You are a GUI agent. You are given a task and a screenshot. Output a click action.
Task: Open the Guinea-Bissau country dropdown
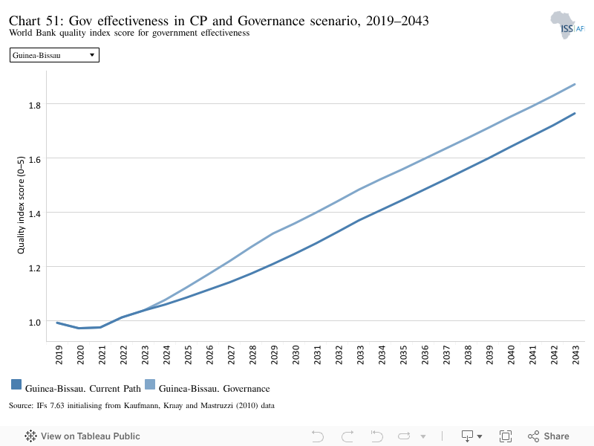click(54, 55)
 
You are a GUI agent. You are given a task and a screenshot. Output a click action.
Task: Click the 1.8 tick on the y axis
click(35, 106)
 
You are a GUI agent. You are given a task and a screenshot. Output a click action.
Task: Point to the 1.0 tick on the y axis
click(35, 323)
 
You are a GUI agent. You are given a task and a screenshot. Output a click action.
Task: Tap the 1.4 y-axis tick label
click(35, 214)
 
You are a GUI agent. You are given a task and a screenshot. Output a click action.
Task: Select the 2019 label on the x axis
click(59, 355)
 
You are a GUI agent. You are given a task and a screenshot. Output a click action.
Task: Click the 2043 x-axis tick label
click(576, 355)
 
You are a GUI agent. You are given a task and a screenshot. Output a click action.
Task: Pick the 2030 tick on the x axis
click(296, 355)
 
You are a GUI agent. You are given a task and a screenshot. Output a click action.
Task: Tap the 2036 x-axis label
click(425, 355)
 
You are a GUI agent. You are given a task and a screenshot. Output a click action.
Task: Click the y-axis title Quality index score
click(21, 205)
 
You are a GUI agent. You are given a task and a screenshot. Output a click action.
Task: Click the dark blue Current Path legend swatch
click(16, 384)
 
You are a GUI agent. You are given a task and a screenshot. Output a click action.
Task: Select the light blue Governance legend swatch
click(150, 384)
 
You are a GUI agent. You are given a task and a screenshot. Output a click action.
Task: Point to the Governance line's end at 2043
click(575, 84)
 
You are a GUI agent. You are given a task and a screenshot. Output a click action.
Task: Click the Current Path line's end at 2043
click(575, 114)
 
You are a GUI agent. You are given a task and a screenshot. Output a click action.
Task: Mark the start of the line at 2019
click(57, 323)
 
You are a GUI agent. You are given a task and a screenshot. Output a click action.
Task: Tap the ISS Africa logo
click(567, 25)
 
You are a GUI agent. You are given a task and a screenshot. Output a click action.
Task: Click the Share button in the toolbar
click(549, 436)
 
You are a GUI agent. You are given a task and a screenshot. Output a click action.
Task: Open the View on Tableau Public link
click(82, 436)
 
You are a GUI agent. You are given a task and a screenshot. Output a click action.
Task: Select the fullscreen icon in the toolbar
click(506, 436)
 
